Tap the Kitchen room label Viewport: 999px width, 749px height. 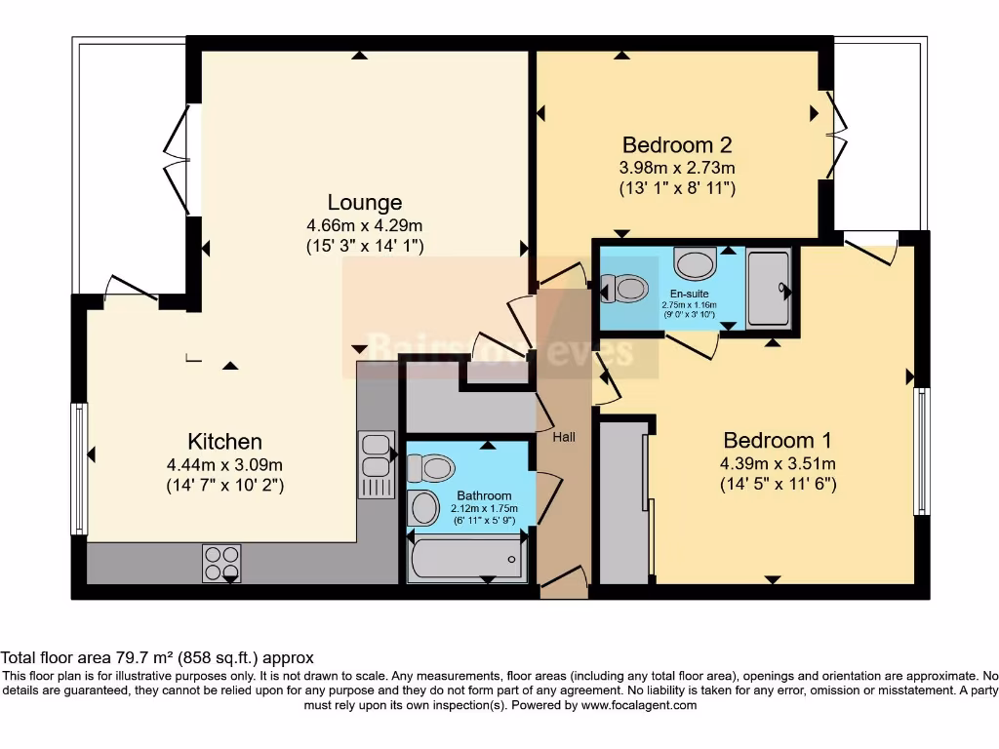point(224,441)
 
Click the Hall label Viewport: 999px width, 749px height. point(564,437)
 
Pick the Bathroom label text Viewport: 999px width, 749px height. point(484,496)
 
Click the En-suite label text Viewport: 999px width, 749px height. point(689,293)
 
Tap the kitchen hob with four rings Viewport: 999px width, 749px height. point(221,563)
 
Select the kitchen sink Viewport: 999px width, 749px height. point(376,462)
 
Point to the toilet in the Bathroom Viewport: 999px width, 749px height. point(430,468)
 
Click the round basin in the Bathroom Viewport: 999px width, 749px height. point(423,507)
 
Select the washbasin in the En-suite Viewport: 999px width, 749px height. point(695,263)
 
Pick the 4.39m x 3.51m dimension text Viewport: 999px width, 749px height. point(778,463)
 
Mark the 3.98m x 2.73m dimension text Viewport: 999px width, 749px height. point(677,167)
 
